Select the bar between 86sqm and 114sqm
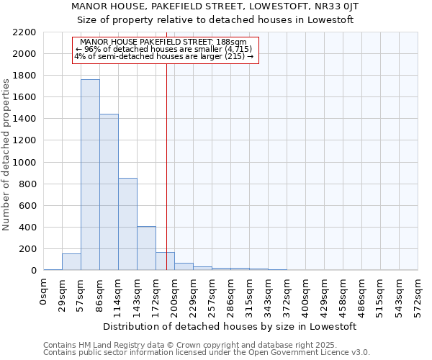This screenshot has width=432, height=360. pos(109,192)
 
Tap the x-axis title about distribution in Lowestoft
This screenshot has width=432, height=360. pos(230,326)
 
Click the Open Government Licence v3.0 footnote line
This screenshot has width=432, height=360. pos(207,353)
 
